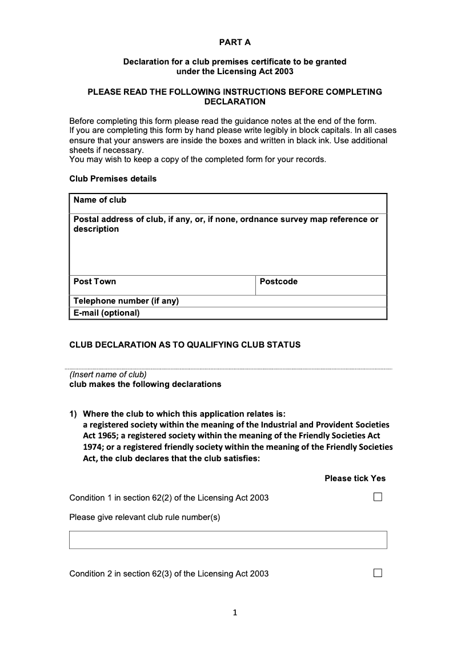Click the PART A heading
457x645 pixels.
tap(235, 42)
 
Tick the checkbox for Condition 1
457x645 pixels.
tap(378, 497)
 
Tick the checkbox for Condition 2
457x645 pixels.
tap(378, 573)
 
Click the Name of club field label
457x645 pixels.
tap(100, 200)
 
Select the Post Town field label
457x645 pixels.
tap(95, 281)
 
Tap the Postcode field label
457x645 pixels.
tap(279, 281)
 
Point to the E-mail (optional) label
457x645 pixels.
tap(106, 313)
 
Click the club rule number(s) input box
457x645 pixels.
tap(228, 539)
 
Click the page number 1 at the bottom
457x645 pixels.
tap(235, 613)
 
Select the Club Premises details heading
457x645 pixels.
tap(113, 179)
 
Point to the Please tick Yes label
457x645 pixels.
tap(355, 478)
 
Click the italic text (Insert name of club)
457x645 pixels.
tap(108, 374)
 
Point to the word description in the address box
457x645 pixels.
tap(97, 229)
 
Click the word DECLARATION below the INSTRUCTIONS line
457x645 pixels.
tap(235, 102)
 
